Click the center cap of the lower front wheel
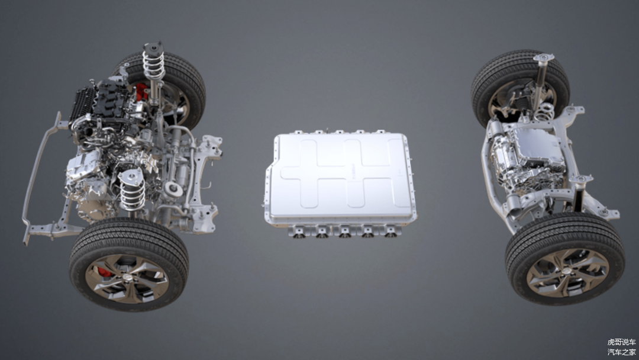click(x=128, y=277)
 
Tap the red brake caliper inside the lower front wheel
click(x=104, y=272)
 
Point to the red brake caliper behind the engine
click(x=141, y=91)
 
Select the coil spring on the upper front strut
click(x=153, y=66)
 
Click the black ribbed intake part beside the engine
click(x=83, y=104)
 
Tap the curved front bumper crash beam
click(x=41, y=179)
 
